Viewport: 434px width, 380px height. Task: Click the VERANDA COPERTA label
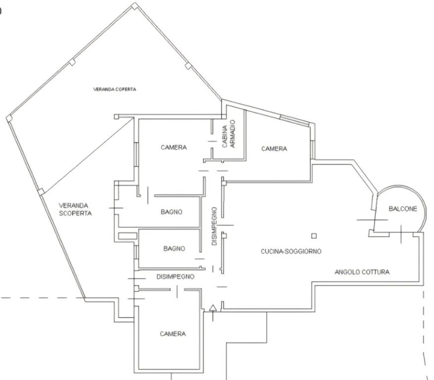(115, 90)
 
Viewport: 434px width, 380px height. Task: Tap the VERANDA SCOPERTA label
(75, 209)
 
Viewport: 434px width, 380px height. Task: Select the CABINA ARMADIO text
(229, 134)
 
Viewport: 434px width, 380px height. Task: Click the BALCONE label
(403, 209)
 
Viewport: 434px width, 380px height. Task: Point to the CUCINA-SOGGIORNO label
(291, 251)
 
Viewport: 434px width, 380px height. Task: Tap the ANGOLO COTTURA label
(362, 272)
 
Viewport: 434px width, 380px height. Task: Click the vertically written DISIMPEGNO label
(214, 226)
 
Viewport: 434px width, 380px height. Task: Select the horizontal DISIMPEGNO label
(176, 277)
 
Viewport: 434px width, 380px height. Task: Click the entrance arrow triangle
(213, 308)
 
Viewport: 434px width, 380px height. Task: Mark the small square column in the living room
(314, 236)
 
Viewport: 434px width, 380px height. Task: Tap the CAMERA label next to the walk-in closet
(174, 147)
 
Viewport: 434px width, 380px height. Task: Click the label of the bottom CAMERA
(173, 334)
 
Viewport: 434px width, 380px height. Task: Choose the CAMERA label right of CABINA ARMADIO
(274, 149)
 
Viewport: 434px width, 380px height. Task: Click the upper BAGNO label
(171, 212)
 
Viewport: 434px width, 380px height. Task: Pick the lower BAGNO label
(174, 248)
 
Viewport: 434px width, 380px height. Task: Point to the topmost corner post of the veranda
(134, 6)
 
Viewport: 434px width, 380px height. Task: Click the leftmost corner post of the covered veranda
(9, 118)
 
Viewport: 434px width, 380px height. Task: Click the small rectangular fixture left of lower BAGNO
(128, 236)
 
